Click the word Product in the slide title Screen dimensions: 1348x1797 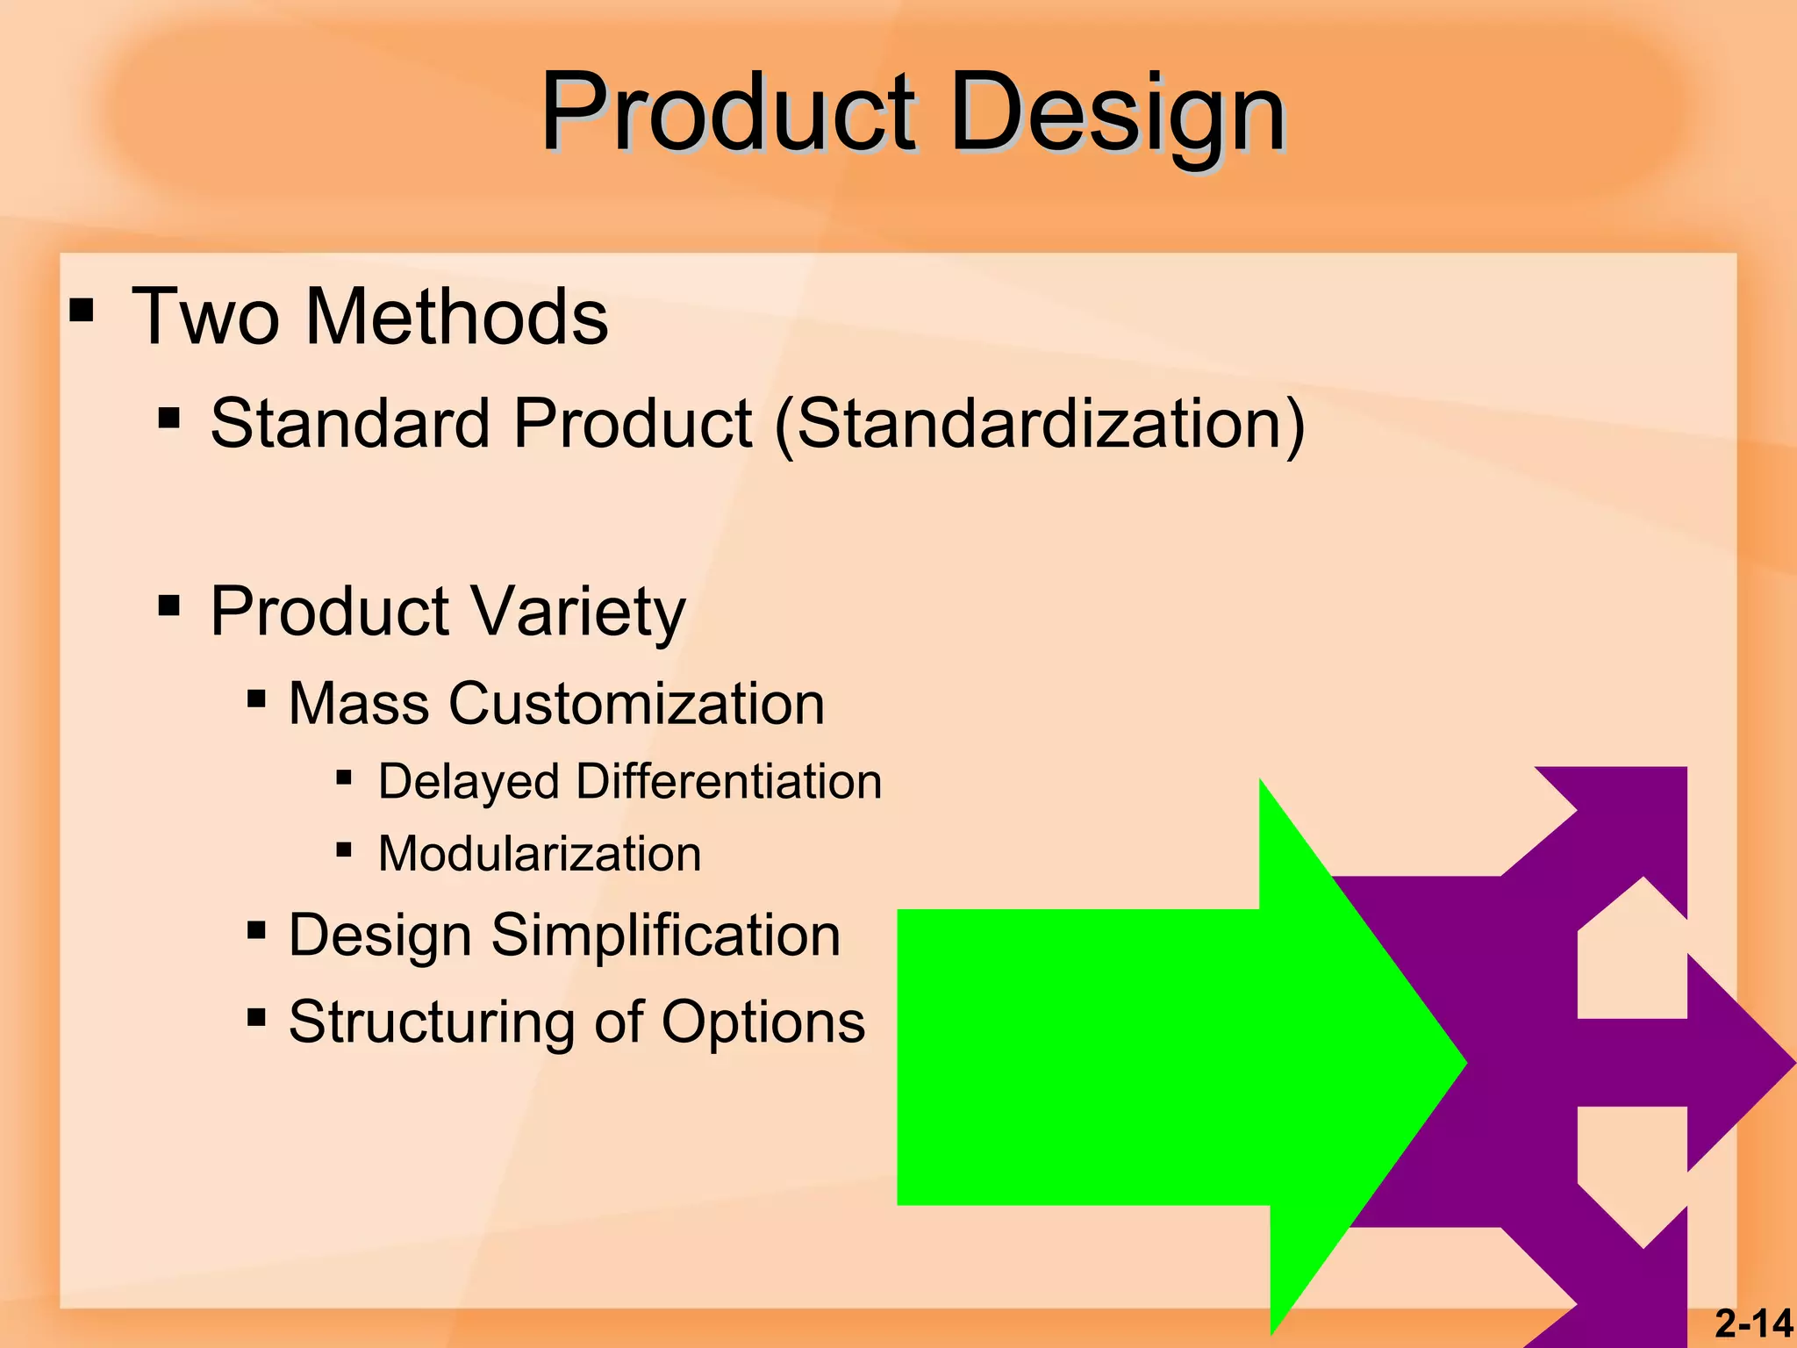[x=728, y=114]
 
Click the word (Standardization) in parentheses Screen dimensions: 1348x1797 [x=1040, y=424]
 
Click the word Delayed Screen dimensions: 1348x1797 [x=469, y=782]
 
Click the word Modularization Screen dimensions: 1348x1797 [x=540, y=854]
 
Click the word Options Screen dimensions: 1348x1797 [x=762, y=1022]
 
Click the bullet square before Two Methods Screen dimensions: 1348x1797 [x=82, y=311]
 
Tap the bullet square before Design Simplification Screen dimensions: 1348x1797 [x=256, y=930]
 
